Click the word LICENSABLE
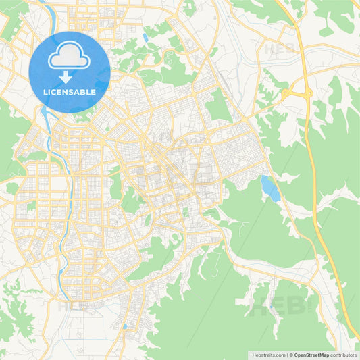click(70, 91)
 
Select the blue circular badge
click(70, 72)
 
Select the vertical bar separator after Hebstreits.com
click(285, 355)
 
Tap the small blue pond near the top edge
click(145, 37)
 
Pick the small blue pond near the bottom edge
click(124, 326)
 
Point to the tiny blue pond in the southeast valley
click(271, 307)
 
